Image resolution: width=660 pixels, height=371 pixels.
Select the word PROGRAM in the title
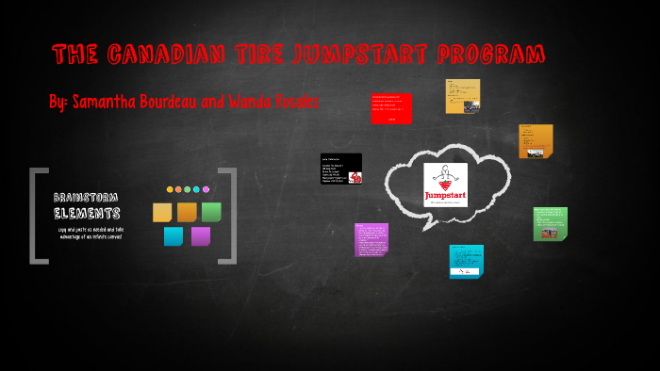pos(490,55)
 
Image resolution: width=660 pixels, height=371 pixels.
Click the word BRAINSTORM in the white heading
pos(86,197)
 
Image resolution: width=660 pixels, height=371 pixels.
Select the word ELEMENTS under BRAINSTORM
pos(86,213)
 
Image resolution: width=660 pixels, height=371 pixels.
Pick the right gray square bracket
pos(227,215)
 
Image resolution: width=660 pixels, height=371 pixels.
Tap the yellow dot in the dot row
pos(171,189)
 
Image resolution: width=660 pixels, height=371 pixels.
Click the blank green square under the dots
pos(211,212)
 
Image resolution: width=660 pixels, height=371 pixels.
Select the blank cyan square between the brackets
pos(173,235)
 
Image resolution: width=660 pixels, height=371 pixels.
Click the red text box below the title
pos(391,108)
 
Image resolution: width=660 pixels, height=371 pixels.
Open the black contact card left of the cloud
pos(341,169)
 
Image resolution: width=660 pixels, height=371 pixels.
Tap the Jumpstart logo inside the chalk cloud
pos(445,185)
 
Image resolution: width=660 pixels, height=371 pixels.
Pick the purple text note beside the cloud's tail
pos(371,239)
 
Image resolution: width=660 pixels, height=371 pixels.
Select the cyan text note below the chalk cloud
pos(466,261)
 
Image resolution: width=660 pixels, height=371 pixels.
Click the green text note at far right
pos(550,224)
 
